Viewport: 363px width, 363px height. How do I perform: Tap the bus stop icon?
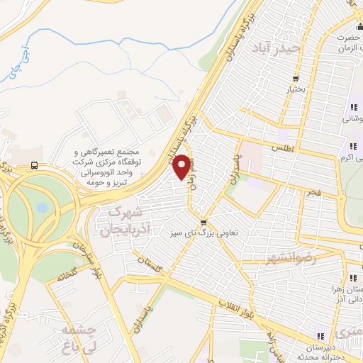[x=35, y=166]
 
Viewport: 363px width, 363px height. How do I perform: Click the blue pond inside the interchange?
[x=42, y=207]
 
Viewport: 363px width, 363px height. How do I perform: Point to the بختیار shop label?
[x=295, y=90]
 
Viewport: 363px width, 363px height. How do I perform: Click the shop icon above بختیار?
[x=295, y=79]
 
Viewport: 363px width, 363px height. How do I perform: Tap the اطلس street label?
[x=281, y=147]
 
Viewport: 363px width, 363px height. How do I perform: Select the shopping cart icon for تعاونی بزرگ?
[x=203, y=221]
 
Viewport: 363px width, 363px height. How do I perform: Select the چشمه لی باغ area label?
[x=77, y=338]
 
